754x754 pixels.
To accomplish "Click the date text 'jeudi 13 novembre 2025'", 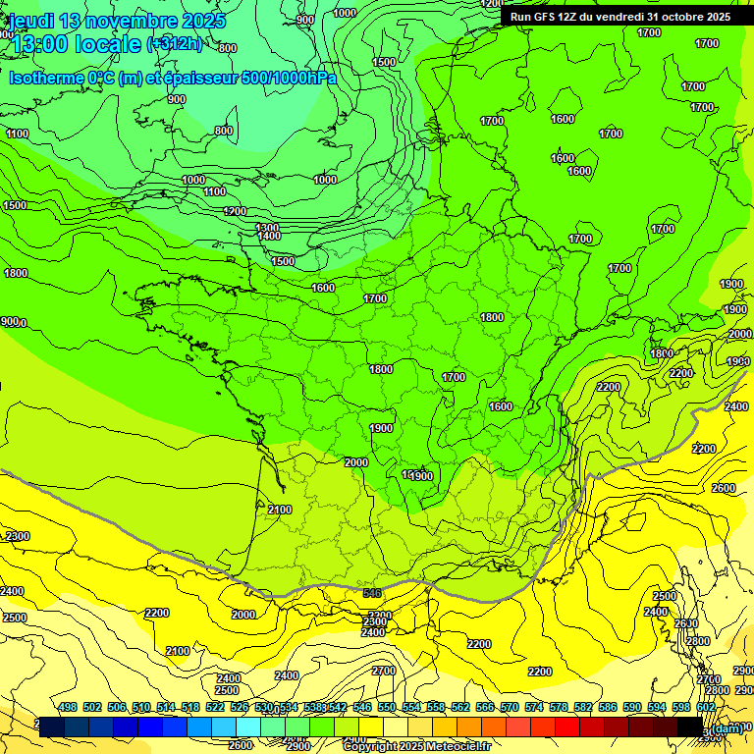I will [x=117, y=21].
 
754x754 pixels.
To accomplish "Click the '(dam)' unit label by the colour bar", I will [x=727, y=727].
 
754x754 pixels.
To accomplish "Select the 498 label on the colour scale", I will [x=67, y=708].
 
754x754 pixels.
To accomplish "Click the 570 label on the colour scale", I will [x=509, y=708].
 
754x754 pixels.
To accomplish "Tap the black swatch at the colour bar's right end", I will [x=690, y=727].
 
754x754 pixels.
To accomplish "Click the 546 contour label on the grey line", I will [x=372, y=593].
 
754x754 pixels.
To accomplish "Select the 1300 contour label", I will [x=267, y=228].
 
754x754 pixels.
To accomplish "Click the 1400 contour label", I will [x=269, y=237].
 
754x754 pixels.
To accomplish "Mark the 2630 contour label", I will [x=685, y=623].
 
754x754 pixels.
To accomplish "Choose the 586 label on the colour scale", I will [x=607, y=708].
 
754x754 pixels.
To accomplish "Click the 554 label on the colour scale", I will [x=410, y=708].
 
